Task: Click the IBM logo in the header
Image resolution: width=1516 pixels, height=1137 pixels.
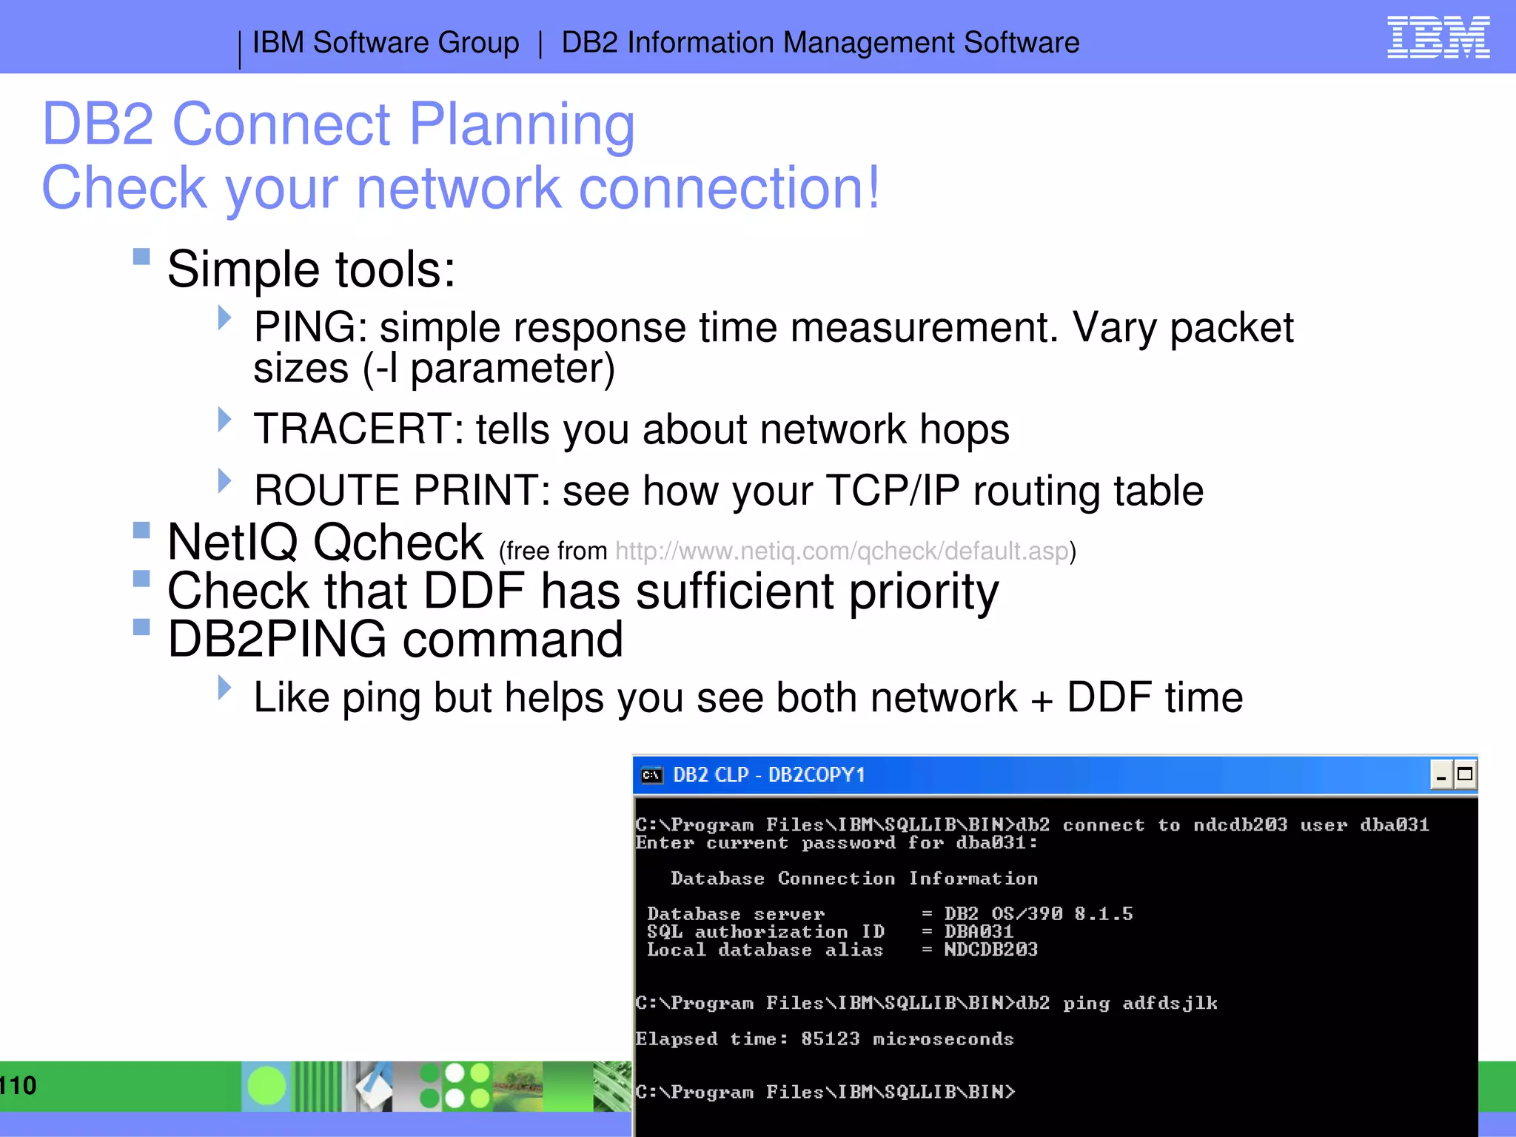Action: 1438,38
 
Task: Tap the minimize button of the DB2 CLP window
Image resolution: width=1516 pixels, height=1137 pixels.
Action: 1440,775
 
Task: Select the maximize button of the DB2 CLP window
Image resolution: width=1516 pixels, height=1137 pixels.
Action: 1465,775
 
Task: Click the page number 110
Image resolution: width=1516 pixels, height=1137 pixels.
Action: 18,1086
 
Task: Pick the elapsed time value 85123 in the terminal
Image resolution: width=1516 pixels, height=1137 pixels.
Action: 830,1039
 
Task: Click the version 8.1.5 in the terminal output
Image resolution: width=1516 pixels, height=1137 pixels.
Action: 1103,914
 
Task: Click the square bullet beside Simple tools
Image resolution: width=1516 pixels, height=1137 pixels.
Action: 141,257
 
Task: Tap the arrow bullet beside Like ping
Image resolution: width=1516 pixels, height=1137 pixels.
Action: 224,688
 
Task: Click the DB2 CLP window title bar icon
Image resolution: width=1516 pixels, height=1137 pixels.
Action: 651,775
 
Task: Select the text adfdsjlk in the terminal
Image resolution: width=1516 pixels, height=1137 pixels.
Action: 1170,1004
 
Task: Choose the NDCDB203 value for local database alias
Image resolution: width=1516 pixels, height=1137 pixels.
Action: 990,950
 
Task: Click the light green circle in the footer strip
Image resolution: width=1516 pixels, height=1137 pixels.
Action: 266,1086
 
